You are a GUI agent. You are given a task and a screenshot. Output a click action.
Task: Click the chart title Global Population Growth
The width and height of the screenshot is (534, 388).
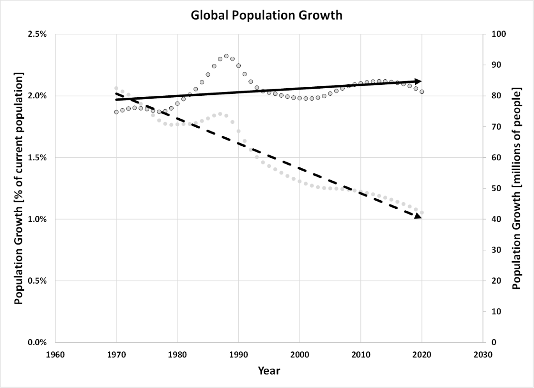tap(267, 15)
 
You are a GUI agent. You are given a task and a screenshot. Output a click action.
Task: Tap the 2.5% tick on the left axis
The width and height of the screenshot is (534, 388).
tap(37, 34)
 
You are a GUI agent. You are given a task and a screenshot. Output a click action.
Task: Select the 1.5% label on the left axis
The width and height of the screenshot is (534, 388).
tap(37, 158)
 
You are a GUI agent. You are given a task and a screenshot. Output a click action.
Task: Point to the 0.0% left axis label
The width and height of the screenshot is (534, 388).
tap(37, 342)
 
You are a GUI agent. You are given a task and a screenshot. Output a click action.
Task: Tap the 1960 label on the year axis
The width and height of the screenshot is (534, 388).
tap(55, 355)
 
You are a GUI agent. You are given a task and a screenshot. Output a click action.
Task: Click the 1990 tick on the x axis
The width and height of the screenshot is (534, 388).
tap(238, 355)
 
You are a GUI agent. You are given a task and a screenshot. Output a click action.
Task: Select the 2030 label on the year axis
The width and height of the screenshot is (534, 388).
tap(483, 355)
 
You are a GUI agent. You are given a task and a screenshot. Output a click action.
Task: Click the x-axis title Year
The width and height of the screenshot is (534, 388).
tap(269, 370)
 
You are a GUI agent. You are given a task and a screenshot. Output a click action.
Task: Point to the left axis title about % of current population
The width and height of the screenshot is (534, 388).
tap(19, 188)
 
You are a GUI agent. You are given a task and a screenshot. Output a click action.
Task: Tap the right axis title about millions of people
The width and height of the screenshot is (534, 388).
tap(517, 188)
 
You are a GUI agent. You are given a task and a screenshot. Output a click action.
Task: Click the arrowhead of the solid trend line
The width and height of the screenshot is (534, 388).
tap(418, 81)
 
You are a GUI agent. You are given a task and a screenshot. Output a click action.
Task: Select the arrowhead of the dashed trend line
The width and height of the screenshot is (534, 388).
tap(418, 216)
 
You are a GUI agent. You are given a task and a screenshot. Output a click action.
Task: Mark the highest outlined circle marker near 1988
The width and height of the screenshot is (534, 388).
tap(226, 56)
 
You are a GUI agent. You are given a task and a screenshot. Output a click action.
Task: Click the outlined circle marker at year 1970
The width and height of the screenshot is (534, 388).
tap(116, 112)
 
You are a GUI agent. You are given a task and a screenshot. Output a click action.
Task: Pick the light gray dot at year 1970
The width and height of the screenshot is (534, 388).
tap(116, 88)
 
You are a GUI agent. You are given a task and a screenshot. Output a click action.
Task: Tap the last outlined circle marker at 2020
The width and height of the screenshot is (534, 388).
tap(421, 92)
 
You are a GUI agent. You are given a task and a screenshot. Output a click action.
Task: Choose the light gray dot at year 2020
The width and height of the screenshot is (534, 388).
tap(421, 213)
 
